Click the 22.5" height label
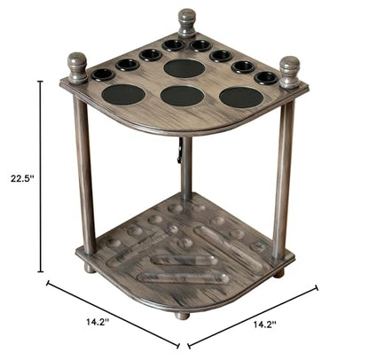tap(22, 178)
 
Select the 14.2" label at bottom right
tap(265, 325)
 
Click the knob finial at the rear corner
tap(187, 24)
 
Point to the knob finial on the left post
tap(77, 68)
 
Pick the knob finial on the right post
tap(289, 73)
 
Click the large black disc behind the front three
tap(184, 68)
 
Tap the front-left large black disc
tap(123, 95)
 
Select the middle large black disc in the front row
tap(183, 97)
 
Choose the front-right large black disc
tap(241, 98)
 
